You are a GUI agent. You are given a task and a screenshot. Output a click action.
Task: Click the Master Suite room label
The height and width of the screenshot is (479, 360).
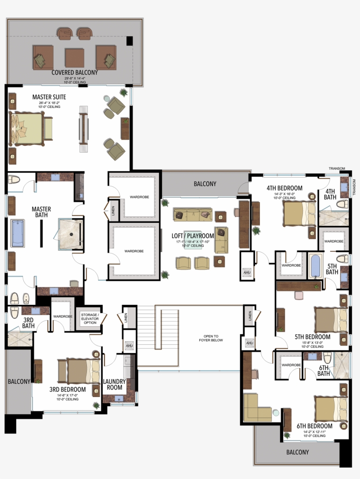click(x=49, y=97)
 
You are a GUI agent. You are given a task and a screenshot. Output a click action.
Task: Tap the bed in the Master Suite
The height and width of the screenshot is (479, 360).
click(x=27, y=128)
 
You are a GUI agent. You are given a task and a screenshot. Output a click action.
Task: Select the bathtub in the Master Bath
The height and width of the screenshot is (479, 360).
click(x=18, y=232)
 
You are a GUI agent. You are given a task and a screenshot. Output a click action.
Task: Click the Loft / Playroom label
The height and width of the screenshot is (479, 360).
click(x=193, y=236)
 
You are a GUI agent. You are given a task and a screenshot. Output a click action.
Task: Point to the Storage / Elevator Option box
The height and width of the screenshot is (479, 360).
click(x=90, y=319)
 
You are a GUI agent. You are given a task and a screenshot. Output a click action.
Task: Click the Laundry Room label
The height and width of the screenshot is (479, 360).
click(x=115, y=384)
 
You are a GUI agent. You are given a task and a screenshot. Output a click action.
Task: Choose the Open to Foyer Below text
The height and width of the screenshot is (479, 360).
click(x=211, y=338)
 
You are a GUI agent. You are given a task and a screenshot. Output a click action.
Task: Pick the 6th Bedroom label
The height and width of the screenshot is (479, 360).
click(x=314, y=425)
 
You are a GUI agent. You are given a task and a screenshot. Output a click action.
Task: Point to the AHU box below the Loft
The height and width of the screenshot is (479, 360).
click(x=246, y=272)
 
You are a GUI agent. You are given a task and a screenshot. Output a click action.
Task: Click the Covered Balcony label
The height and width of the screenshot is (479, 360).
click(x=75, y=72)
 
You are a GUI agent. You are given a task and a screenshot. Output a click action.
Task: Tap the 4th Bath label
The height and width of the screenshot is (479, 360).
click(x=330, y=194)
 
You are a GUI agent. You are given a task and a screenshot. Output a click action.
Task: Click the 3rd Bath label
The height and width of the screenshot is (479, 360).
click(x=29, y=322)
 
